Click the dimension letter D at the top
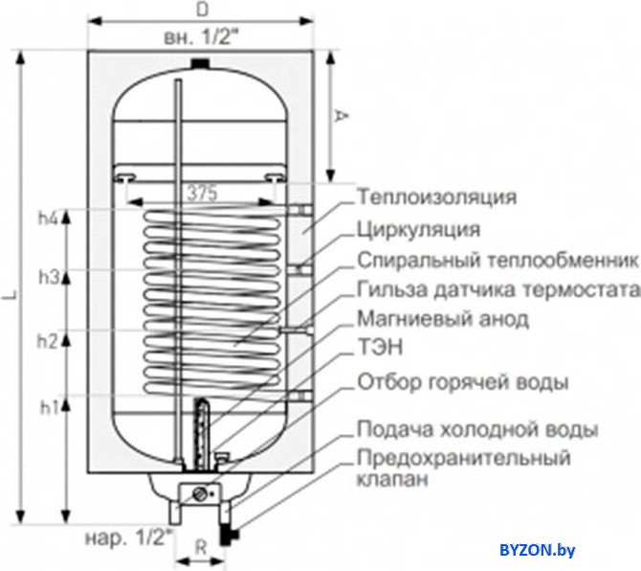coord(202,10)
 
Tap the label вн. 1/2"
coord(200,38)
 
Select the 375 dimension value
coord(202,193)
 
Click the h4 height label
coord(49,219)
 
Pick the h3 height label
coord(49,278)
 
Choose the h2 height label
coord(48,341)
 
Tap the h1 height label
coord(49,407)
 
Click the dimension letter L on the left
coord(9,296)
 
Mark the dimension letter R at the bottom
coord(201,548)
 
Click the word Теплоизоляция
coord(437,197)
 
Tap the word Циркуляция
coord(419,230)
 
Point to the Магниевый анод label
coord(443,319)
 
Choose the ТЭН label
coord(380,348)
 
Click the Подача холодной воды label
coord(478,429)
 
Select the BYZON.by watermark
coord(537,550)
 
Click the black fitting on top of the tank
coord(200,63)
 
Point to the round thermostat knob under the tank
coord(200,493)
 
